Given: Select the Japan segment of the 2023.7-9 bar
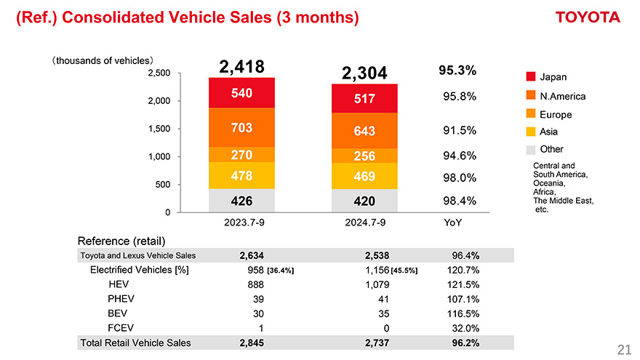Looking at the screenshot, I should pos(241,92).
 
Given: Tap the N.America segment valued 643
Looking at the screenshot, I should pos(364,131).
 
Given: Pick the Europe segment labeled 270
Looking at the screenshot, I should pos(241,155).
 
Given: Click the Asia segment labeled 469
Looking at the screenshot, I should pos(364,176).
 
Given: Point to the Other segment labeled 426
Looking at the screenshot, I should pos(241,201).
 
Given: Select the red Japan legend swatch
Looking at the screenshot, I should pos(530,77).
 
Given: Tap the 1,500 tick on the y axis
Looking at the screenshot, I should pos(160,129).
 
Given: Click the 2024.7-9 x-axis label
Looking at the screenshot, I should pos(364,223).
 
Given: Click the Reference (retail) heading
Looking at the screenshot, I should pos(121,241).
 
